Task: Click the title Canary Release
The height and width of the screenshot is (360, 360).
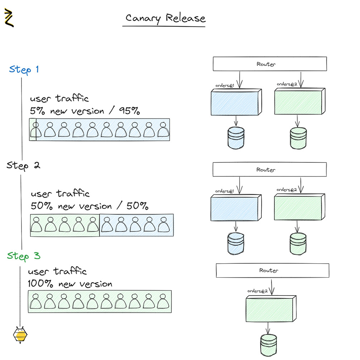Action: [x=165, y=18]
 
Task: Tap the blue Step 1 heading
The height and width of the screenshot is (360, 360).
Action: [x=24, y=69]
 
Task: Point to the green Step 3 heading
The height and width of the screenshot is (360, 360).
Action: [x=24, y=256]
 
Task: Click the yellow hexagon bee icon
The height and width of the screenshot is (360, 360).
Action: [x=20, y=335]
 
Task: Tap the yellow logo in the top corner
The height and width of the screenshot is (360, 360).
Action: [x=9, y=18]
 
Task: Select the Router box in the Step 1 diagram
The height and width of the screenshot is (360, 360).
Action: [x=270, y=64]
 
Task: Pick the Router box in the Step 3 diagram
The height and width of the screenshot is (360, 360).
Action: [x=272, y=270]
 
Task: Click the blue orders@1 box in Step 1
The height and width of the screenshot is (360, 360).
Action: [x=235, y=102]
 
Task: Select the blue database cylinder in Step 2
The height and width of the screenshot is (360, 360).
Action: [x=236, y=244]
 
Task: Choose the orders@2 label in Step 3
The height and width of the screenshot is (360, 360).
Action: [x=258, y=291]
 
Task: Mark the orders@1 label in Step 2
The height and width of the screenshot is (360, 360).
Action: [x=225, y=191]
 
